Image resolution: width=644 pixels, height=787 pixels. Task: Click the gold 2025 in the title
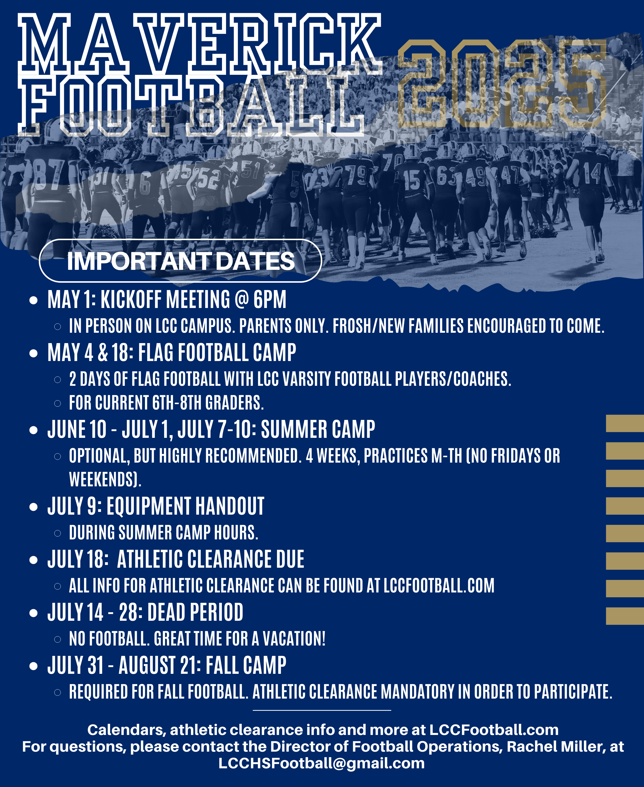pyautogui.click(x=503, y=83)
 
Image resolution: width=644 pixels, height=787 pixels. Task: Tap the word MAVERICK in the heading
pyautogui.click(x=200, y=44)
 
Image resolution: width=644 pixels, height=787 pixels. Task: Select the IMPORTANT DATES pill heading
pyautogui.click(x=180, y=261)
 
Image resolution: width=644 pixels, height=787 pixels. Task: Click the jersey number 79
pyautogui.click(x=357, y=174)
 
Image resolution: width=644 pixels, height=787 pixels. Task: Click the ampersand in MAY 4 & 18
pyautogui.click(x=103, y=352)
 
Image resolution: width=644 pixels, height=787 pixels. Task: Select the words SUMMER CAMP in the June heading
pyautogui.click(x=318, y=430)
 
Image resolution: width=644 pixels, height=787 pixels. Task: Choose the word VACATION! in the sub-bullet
pyautogui.click(x=294, y=639)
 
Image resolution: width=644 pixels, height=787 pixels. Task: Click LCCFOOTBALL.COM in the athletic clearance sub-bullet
pyautogui.click(x=439, y=586)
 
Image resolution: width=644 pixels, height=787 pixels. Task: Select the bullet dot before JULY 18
pyautogui.click(x=34, y=560)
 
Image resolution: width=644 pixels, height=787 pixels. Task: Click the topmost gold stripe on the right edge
pyautogui.click(x=625, y=424)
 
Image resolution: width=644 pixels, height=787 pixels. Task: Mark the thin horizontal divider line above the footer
pyautogui.click(x=322, y=710)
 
